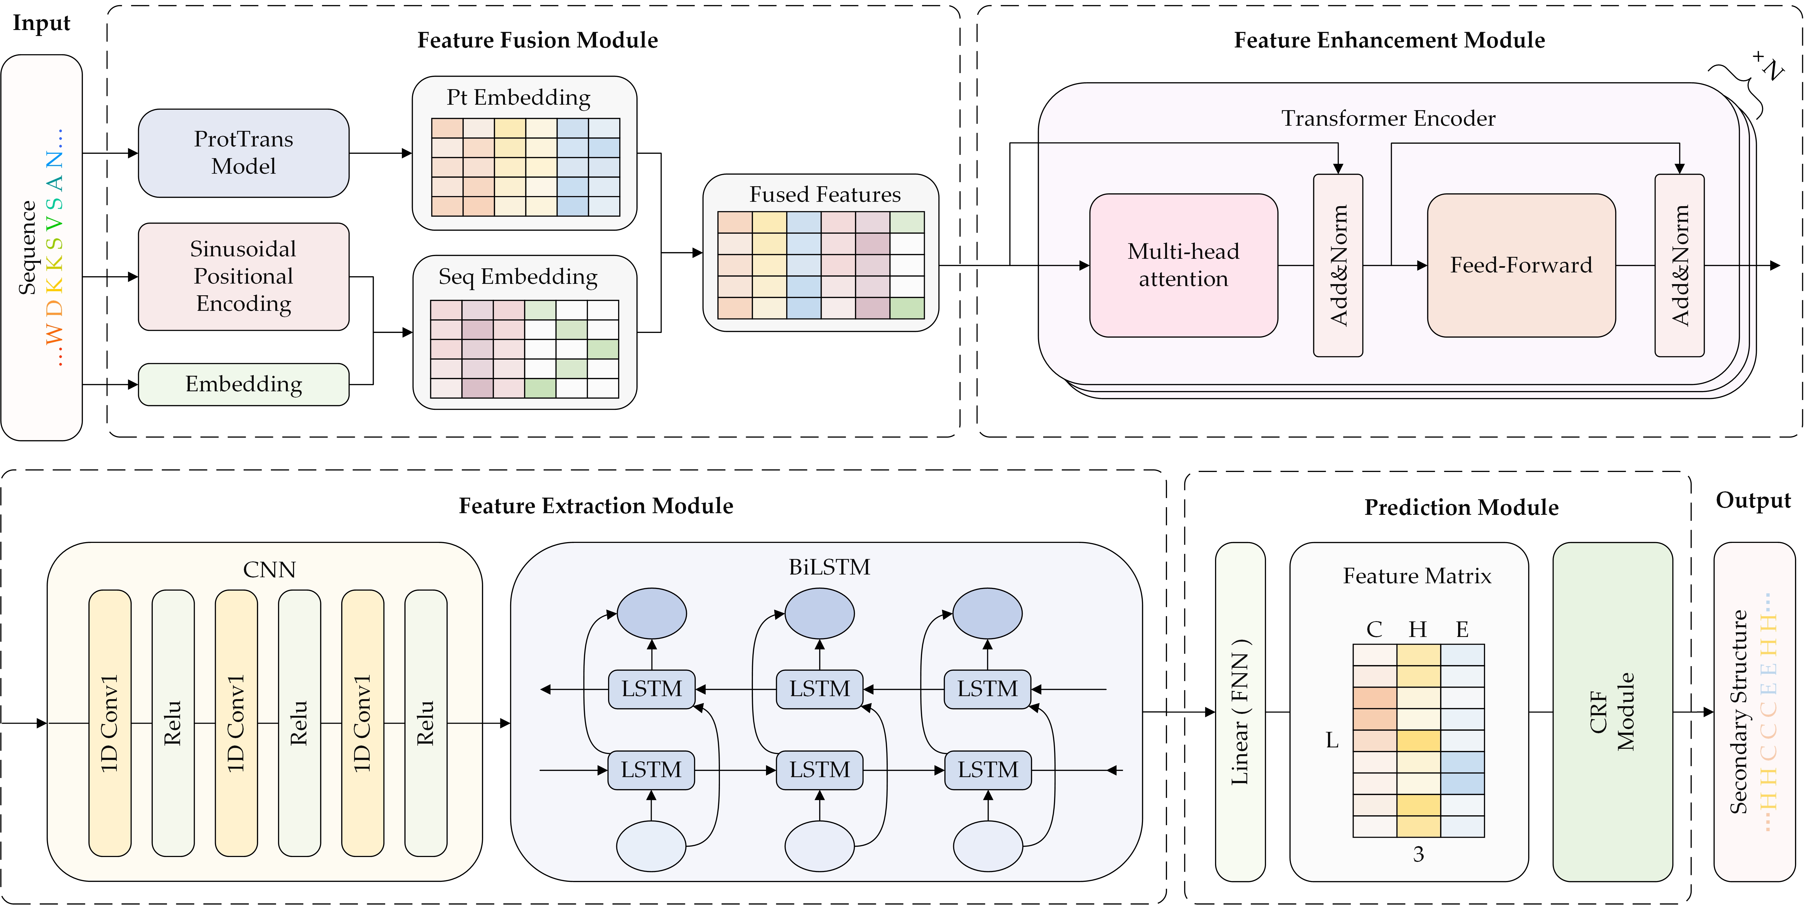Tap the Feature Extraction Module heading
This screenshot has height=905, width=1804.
point(596,505)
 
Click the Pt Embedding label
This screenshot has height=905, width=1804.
point(518,97)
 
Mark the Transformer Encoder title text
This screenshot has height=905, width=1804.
point(1388,118)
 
